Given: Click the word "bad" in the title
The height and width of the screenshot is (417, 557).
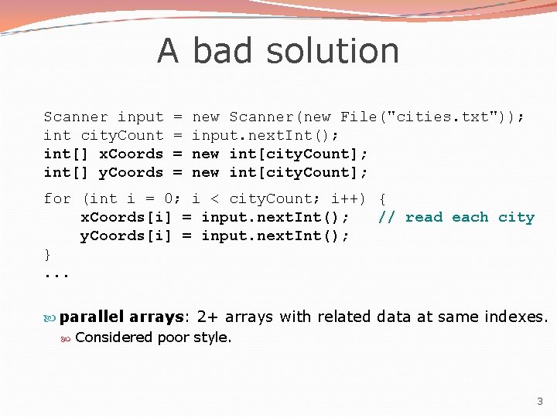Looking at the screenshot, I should [223, 51].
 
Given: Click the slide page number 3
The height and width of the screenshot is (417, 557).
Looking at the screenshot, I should [540, 401].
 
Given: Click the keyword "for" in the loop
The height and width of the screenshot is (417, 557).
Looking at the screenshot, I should [57, 198].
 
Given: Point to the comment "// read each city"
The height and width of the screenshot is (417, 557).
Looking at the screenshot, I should [456, 217].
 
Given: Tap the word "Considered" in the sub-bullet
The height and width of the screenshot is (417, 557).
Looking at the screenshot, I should [114, 337].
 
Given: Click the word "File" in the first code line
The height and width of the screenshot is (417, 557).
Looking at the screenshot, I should [358, 117].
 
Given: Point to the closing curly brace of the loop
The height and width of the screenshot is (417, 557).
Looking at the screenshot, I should [48, 254].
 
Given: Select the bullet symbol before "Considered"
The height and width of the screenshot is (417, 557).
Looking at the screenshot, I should [67, 337].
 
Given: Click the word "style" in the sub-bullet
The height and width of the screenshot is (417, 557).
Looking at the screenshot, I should [214, 337].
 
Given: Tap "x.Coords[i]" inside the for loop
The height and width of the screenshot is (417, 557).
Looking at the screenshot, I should [126, 217].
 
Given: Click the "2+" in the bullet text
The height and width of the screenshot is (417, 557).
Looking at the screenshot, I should [207, 317].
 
